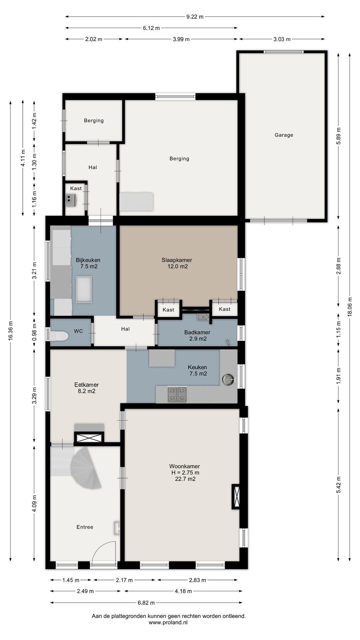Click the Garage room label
click(284, 135)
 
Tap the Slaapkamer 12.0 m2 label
click(177, 263)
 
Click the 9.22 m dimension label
click(195, 17)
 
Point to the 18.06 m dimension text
click(349, 307)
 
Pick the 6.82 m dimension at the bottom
click(146, 603)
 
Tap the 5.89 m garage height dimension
click(339, 136)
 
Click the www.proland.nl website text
click(168, 622)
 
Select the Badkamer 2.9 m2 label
click(197, 336)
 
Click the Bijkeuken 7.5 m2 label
click(88, 263)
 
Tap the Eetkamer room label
click(86, 388)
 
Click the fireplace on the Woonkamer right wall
click(236, 496)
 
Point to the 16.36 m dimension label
click(11, 330)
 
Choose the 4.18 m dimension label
click(183, 591)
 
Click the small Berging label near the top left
click(94, 121)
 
